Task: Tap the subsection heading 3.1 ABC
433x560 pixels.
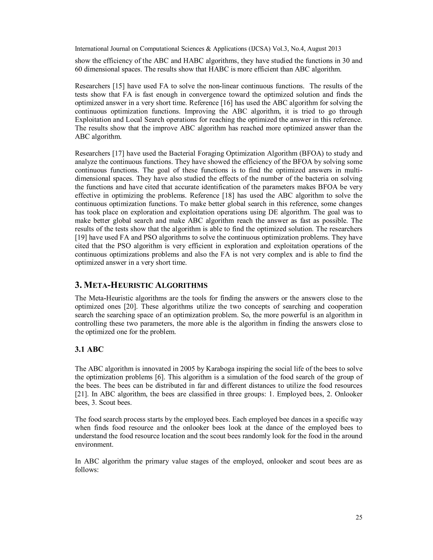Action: (x=89, y=350)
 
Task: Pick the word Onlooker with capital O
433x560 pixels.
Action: (x=348, y=394)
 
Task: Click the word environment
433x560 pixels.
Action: (x=94, y=445)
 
